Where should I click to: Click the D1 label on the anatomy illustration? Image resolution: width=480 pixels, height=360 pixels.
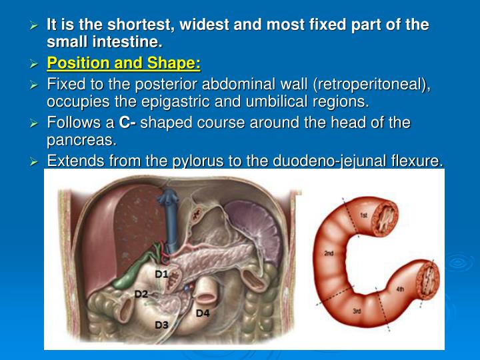(x=161, y=274)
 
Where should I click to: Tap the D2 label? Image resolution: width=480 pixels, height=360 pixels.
(x=141, y=294)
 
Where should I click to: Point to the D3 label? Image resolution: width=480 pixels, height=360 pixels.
(x=161, y=325)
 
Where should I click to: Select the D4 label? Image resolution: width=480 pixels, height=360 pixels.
(x=203, y=313)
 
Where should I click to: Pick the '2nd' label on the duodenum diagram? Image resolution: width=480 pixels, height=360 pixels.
(x=329, y=254)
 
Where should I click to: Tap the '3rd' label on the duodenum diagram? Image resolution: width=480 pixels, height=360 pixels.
(x=357, y=312)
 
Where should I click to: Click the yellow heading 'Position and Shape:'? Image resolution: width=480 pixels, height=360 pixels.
(x=123, y=64)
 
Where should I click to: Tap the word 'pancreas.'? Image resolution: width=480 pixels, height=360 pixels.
(x=81, y=140)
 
